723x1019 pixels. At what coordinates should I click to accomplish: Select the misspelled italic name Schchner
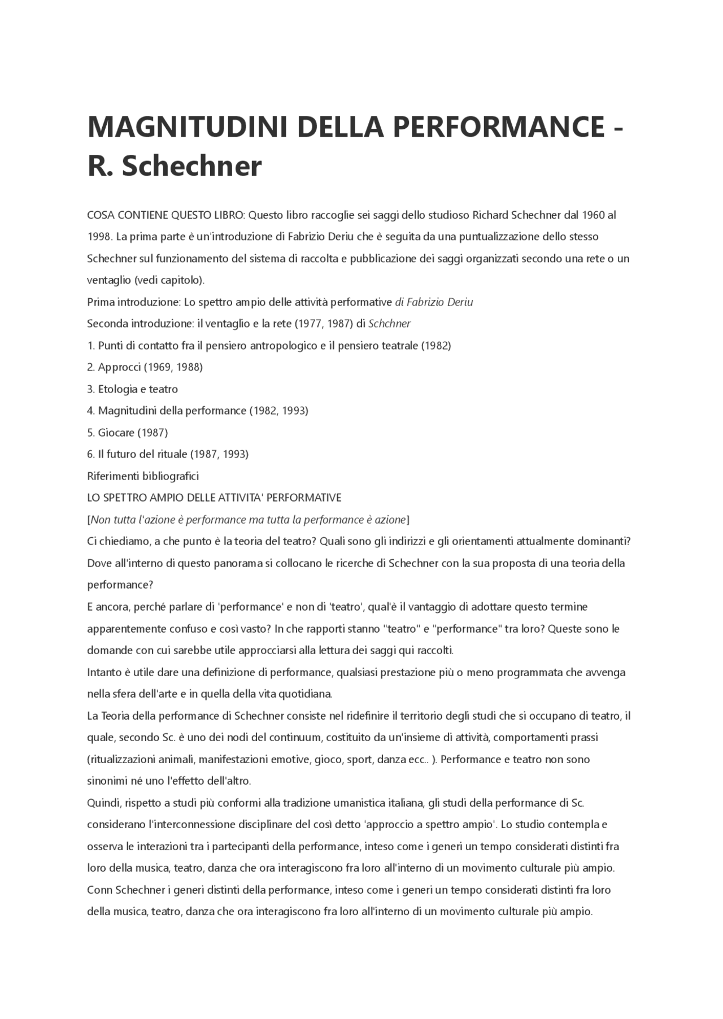point(389,324)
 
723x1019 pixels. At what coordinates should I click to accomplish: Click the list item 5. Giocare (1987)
point(128,432)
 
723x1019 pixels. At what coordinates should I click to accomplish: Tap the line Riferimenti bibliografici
point(143,476)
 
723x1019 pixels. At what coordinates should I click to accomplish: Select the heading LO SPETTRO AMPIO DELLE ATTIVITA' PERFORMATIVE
point(214,498)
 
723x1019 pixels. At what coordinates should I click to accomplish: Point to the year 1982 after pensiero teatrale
point(436,345)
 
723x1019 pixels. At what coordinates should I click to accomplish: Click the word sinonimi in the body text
point(107,781)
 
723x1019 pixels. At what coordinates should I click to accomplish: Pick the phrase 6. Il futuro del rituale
point(137,454)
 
